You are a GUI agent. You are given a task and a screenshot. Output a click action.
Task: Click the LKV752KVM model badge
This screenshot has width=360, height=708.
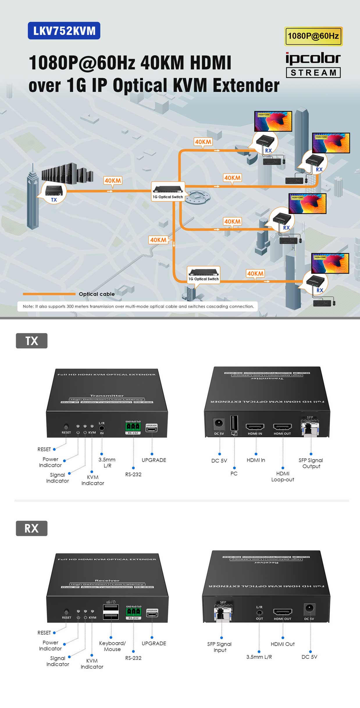point(64,31)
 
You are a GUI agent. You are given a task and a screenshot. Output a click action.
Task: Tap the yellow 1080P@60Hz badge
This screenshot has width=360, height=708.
point(313,36)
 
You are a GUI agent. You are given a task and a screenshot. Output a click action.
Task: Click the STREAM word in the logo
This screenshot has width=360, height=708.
point(313,73)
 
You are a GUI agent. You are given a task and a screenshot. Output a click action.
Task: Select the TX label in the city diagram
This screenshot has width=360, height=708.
point(54,200)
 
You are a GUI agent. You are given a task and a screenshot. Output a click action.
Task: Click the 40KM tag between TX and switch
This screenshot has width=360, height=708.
point(113,181)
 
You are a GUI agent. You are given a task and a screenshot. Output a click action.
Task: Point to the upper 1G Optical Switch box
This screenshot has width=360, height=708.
point(168,191)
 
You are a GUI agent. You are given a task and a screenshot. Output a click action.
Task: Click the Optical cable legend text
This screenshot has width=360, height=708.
point(97,294)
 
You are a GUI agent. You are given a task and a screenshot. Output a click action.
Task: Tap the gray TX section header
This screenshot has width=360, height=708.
point(31,341)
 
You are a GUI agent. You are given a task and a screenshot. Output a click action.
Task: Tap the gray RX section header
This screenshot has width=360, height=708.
point(31,528)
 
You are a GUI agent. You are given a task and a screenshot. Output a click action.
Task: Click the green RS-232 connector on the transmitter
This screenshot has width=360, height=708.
point(133,427)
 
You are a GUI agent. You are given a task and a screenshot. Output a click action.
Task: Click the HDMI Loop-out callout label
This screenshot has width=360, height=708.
point(282,477)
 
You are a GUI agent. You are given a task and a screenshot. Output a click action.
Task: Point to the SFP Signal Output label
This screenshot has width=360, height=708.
point(311,463)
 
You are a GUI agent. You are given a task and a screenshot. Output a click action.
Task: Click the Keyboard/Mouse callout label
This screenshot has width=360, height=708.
point(112,646)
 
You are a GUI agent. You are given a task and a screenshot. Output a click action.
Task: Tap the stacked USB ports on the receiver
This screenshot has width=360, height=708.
point(111,613)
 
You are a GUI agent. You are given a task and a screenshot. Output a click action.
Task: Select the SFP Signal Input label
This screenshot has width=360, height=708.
point(220,647)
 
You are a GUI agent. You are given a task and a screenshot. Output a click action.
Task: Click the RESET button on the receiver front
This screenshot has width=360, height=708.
point(66,612)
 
